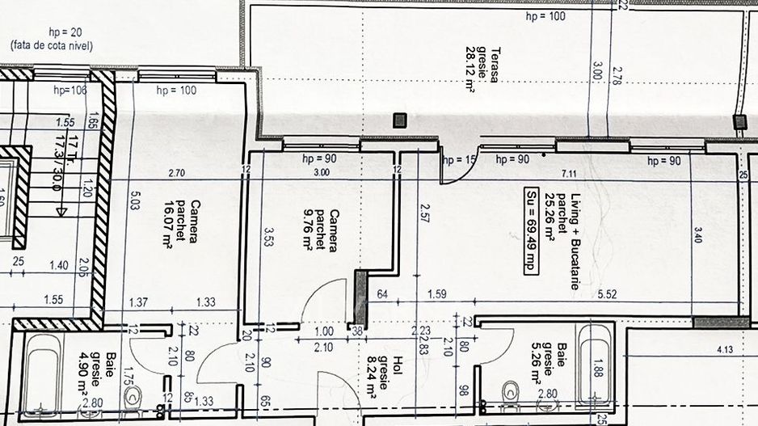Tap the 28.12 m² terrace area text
[470, 70]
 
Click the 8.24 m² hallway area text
[372, 378]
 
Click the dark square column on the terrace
[399, 120]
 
